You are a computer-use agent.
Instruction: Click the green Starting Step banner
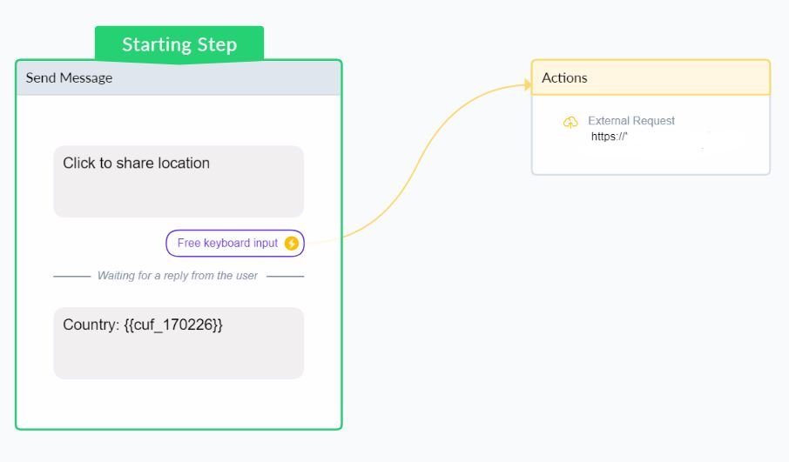179,44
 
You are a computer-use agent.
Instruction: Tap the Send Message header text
69,78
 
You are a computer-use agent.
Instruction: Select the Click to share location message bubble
179,182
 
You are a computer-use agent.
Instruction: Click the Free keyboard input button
235,244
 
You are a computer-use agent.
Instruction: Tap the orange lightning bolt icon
292,244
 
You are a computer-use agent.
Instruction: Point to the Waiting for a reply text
178,276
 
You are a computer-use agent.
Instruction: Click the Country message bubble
179,344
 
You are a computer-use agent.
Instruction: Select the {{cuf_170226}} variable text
173,325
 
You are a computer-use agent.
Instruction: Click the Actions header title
564,78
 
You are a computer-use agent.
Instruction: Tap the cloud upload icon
570,122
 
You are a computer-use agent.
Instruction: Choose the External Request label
631,121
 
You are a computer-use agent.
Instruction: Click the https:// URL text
610,137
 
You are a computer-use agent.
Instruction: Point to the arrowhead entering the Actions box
528,84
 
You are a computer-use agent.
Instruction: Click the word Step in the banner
217,44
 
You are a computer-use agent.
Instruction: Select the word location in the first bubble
184,163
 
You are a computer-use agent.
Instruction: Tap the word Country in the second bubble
91,325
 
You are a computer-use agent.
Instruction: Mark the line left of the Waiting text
72,276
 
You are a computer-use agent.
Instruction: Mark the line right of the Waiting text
286,276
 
